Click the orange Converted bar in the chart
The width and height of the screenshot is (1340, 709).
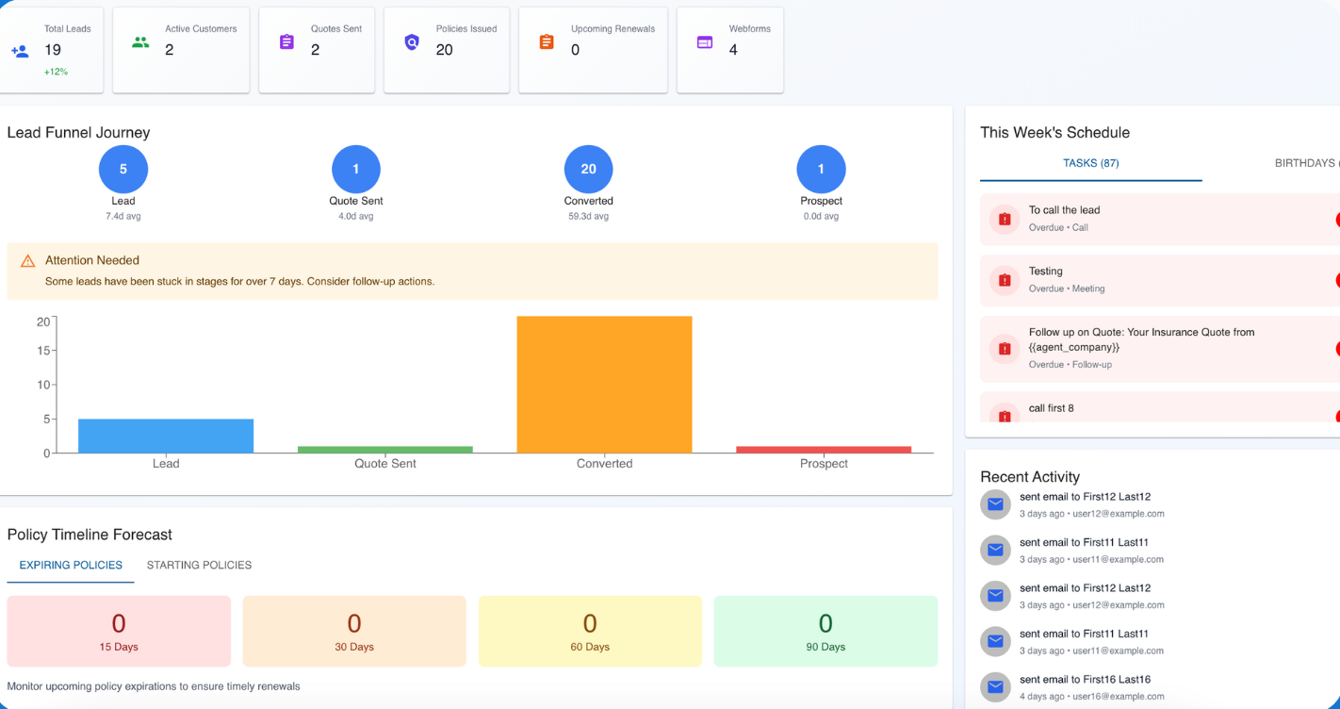(x=604, y=385)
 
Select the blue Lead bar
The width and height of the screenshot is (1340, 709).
(x=166, y=436)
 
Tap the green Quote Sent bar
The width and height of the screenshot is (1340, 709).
(x=384, y=450)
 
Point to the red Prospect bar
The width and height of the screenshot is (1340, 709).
(x=824, y=450)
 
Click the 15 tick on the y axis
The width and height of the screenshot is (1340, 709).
(x=43, y=351)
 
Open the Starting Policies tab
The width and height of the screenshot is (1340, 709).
(x=199, y=566)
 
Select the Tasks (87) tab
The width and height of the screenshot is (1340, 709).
(x=1090, y=163)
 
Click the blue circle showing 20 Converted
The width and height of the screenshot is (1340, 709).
(x=588, y=170)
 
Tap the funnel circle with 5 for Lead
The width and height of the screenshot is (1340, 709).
(x=123, y=170)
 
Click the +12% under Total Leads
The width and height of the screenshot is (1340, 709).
(x=56, y=72)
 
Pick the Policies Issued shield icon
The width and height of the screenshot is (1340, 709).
(x=412, y=42)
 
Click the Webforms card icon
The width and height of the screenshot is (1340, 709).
(x=704, y=42)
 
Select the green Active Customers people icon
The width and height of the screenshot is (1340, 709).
(x=140, y=42)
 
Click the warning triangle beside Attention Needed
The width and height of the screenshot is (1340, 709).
(x=28, y=261)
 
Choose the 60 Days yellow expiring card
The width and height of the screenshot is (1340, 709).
(x=590, y=631)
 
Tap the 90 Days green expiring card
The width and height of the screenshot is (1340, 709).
(x=825, y=631)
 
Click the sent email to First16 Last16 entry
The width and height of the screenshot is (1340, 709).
(x=1085, y=680)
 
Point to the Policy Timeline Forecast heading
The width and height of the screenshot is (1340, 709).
(x=90, y=535)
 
